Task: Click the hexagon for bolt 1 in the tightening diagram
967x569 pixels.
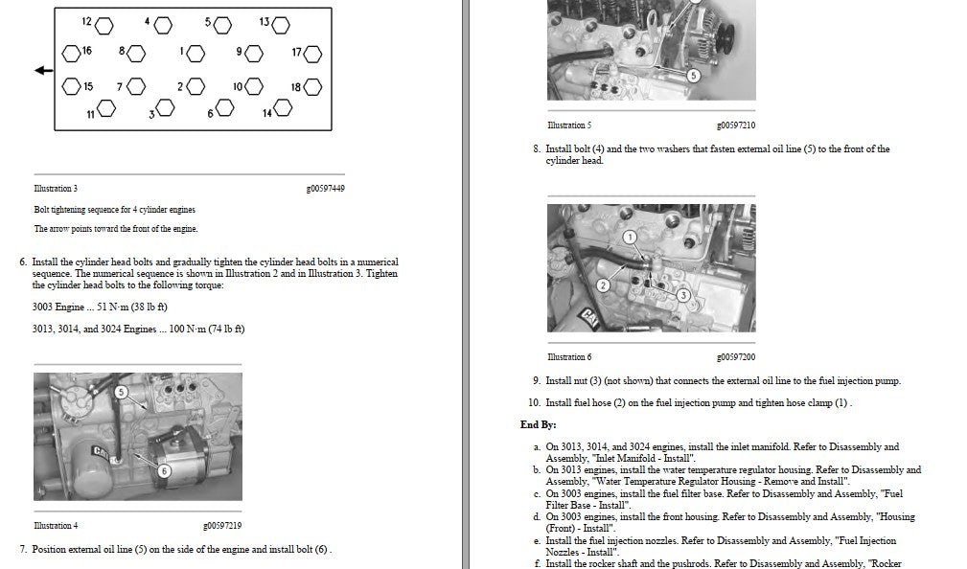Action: (196, 54)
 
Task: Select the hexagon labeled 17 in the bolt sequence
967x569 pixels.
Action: (312, 54)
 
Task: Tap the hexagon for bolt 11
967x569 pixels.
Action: (106, 109)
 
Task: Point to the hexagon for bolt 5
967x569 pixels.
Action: (222, 25)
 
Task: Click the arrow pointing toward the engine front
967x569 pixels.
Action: (44, 70)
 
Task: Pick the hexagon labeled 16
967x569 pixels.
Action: (71, 54)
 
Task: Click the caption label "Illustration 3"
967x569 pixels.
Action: (56, 189)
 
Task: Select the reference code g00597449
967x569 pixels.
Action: (326, 189)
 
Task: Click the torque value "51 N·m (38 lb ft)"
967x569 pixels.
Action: (132, 307)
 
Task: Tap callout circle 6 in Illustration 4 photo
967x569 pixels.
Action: (164, 471)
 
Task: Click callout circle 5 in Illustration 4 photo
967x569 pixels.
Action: (121, 392)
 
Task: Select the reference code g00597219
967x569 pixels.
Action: (222, 526)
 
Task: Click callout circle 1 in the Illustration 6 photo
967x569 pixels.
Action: (630, 238)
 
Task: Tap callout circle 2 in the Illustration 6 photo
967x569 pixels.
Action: (603, 285)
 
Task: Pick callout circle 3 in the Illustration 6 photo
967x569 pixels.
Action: (683, 295)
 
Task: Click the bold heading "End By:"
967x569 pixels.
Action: (539, 424)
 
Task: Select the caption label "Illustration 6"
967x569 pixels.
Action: (569, 357)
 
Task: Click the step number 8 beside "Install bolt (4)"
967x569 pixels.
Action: (537, 148)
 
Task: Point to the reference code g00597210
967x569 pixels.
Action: (736, 125)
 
